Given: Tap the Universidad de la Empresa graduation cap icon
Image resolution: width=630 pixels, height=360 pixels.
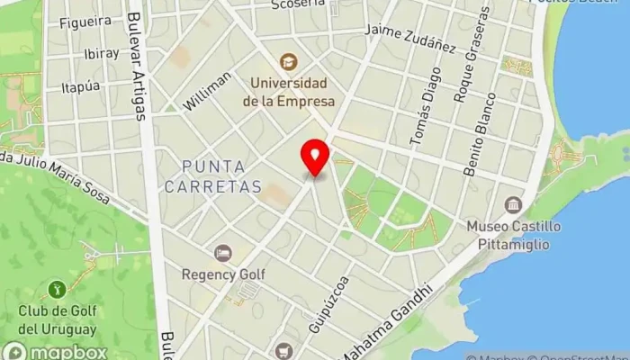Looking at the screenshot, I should [288, 62].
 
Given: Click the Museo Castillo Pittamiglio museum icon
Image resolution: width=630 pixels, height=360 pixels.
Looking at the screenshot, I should [513, 205].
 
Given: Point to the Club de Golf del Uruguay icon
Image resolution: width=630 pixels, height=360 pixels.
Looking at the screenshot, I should [56, 290].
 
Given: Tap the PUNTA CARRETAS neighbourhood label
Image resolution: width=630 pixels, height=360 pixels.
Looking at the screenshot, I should [220, 176].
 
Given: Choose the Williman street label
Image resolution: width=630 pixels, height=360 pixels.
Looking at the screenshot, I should [207, 91].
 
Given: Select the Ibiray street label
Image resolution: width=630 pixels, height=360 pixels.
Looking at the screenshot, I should [102, 53].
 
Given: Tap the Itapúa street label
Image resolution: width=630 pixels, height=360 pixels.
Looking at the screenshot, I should [80, 87].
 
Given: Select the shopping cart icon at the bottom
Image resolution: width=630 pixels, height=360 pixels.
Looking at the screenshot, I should [284, 351].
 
